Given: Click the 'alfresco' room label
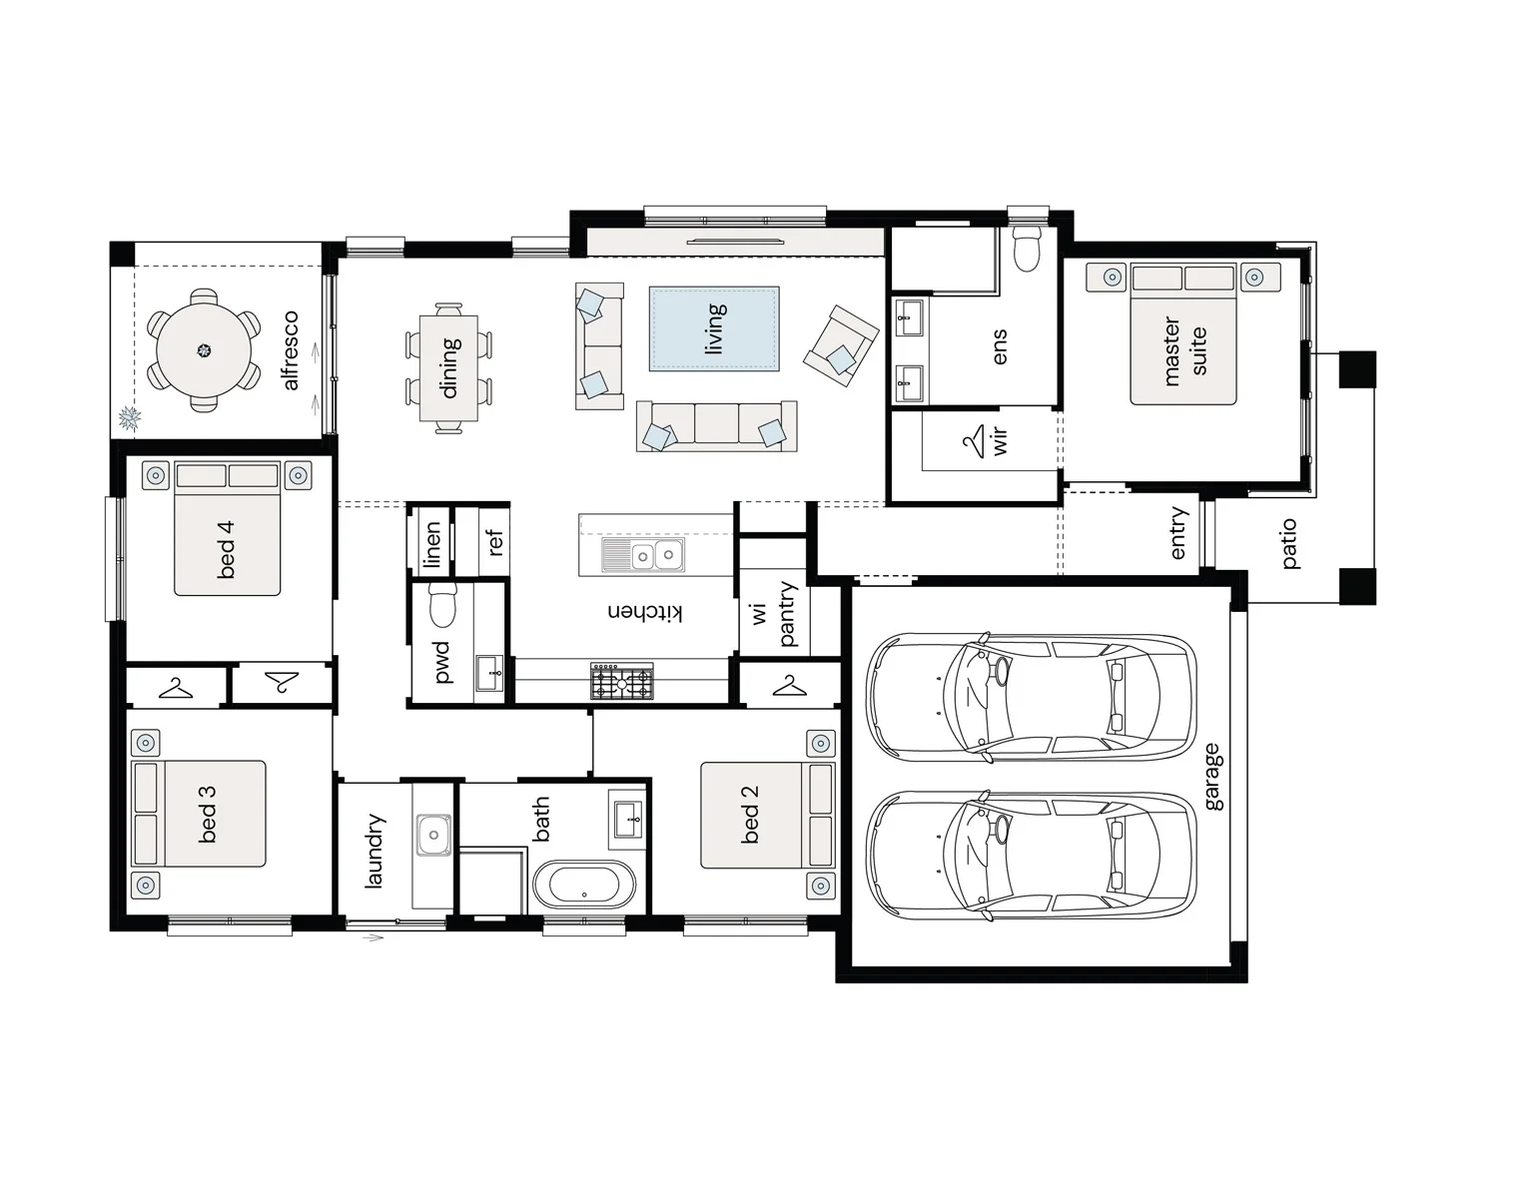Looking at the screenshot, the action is [x=291, y=350].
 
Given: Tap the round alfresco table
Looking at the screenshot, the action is [x=204, y=350].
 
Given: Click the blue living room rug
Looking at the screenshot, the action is [x=714, y=328].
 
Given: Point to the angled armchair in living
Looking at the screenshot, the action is [x=841, y=345].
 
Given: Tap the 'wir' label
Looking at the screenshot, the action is [x=1000, y=440].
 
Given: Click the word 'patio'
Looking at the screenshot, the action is [x=1288, y=543].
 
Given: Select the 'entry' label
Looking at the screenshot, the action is [x=1177, y=533].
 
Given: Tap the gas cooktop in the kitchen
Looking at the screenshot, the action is [x=622, y=681].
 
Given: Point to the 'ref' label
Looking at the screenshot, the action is [x=494, y=542].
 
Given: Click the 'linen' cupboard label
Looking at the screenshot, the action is [x=431, y=545].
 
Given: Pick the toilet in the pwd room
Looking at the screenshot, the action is [x=443, y=606].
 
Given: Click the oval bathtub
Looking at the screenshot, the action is [x=584, y=885].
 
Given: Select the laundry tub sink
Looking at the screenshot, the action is [x=433, y=834].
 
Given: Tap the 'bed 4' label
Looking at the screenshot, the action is [x=226, y=550].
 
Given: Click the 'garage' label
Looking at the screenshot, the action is [x=1212, y=777].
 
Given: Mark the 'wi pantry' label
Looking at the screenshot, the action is [x=773, y=614].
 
